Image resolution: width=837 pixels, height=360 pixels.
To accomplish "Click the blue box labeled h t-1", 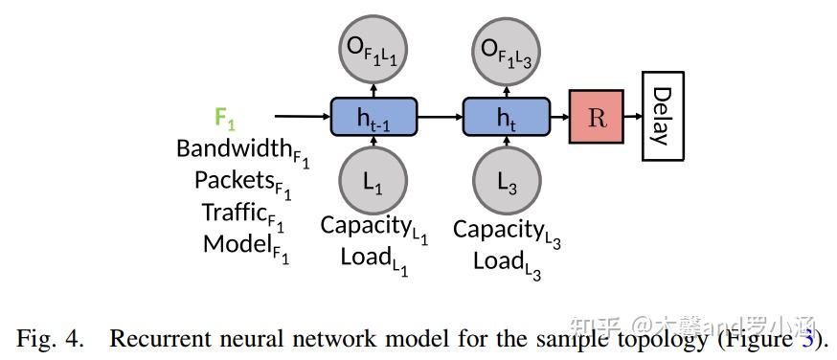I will (x=373, y=117).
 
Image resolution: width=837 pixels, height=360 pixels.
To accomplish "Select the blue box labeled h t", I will (x=506, y=117).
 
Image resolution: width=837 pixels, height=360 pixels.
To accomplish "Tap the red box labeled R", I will (x=596, y=117).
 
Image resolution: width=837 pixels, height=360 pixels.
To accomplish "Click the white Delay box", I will (x=662, y=116).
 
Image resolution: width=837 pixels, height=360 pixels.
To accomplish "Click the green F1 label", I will (x=225, y=118).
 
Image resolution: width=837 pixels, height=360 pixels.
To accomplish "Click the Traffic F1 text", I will (x=243, y=213).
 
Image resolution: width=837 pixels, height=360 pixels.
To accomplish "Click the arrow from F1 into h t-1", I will (x=302, y=117).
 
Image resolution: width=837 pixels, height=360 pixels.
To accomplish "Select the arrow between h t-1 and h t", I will (x=440, y=117).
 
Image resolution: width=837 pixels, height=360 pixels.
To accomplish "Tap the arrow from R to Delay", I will (x=632, y=117).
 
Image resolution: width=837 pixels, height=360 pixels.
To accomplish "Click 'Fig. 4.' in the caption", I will (x=52, y=338).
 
